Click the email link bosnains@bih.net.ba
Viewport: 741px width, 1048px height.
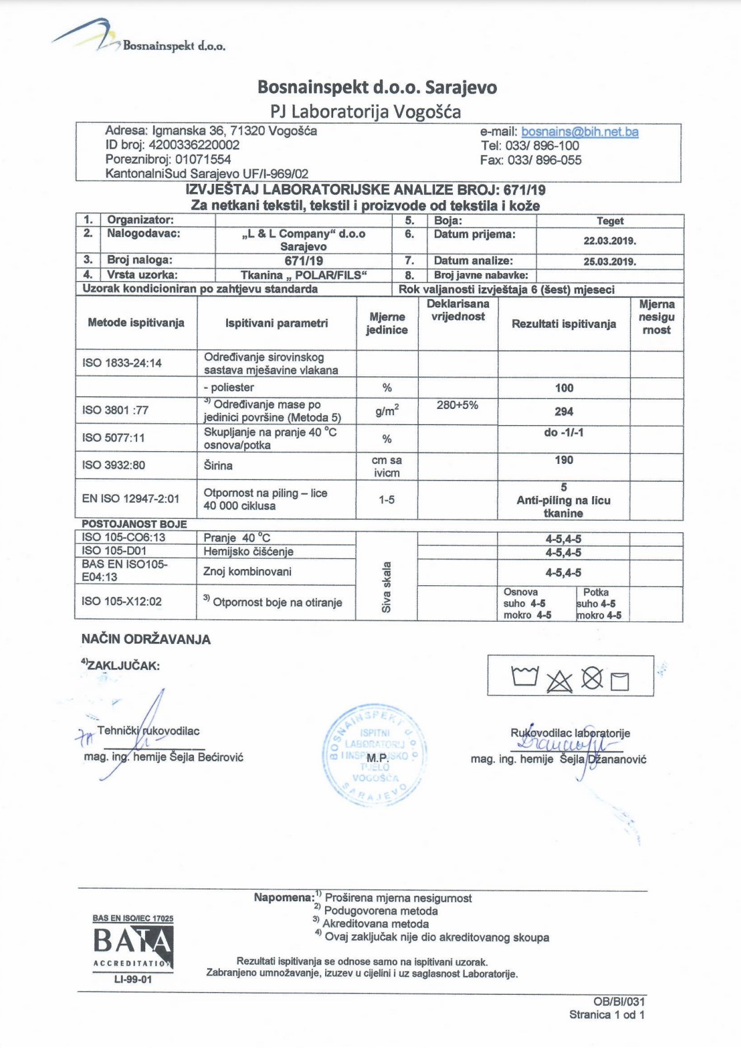pyautogui.click(x=580, y=132)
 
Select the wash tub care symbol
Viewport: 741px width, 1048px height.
pyautogui.click(x=525, y=676)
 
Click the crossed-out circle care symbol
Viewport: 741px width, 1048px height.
pyautogui.click(x=592, y=678)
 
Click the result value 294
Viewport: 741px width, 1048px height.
pyautogui.click(x=563, y=412)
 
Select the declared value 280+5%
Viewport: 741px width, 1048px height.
pyautogui.click(x=457, y=405)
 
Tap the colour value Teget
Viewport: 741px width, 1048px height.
pyautogui.click(x=610, y=221)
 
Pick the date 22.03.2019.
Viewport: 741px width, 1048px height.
pyautogui.click(x=610, y=241)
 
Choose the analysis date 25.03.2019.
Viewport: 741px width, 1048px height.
pyautogui.click(x=610, y=261)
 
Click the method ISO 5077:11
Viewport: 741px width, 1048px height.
pyautogui.click(x=113, y=438)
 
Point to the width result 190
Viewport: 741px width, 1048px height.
pyautogui.click(x=563, y=460)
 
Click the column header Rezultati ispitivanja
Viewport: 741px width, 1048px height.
pyautogui.click(x=563, y=324)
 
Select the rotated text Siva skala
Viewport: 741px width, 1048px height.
pyautogui.click(x=386, y=586)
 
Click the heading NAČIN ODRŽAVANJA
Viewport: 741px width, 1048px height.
pyautogui.click(x=146, y=640)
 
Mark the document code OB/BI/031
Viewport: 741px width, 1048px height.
pyautogui.click(x=618, y=1002)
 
